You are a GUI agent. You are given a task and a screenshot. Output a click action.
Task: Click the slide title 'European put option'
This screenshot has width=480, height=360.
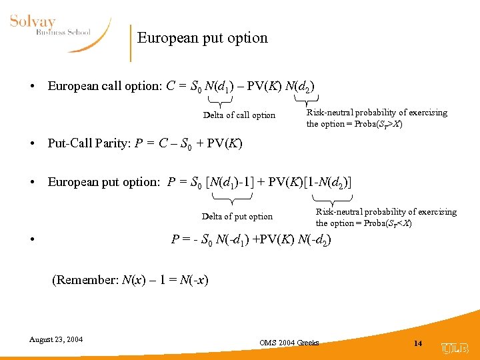tap(202, 38)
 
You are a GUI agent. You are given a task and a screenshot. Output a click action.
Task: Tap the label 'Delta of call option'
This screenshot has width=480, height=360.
tap(239, 115)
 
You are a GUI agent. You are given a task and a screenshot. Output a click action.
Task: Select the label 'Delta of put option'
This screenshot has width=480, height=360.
tap(237, 217)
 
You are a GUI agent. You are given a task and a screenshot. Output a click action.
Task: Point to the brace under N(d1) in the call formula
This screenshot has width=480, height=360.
tap(220, 100)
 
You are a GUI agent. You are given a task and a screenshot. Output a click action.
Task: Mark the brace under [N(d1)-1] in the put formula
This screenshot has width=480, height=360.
tap(232, 198)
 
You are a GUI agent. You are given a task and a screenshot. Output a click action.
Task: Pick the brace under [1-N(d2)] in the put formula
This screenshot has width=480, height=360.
tap(331, 198)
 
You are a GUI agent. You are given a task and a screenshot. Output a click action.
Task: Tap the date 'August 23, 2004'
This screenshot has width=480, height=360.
tap(56, 339)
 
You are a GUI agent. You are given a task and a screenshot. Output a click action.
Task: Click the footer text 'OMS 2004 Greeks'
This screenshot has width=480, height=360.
tap(289, 343)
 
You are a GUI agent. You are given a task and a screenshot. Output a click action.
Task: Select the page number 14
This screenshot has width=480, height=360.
tap(418, 343)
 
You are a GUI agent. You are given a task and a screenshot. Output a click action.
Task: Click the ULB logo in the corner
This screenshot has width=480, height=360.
tap(455, 347)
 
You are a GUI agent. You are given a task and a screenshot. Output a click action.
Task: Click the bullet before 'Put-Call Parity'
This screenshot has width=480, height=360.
tap(31, 145)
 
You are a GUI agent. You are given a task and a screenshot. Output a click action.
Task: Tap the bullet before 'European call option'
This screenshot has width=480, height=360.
tap(31, 87)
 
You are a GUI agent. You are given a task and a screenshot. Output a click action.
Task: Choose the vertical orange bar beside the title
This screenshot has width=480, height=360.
tap(131, 42)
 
